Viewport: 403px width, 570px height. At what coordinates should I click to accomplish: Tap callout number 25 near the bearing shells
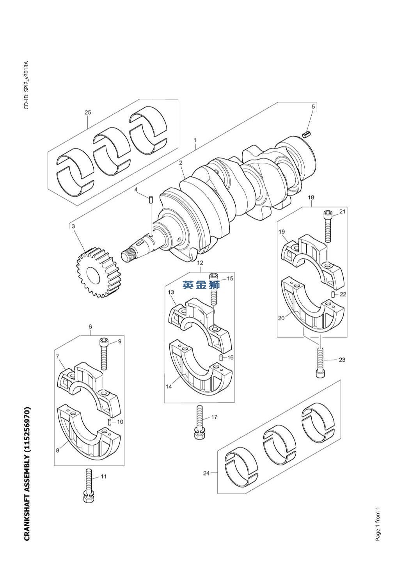point(88,112)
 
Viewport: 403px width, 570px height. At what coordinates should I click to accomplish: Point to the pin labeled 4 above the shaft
point(151,199)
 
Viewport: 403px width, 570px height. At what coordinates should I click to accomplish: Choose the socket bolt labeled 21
point(328,226)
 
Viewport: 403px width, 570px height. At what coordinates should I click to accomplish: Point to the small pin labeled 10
point(110,422)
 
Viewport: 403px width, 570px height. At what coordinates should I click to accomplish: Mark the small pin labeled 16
point(221,357)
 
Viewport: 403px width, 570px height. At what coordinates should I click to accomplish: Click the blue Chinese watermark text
point(201,285)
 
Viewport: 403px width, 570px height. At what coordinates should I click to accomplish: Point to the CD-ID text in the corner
point(27,85)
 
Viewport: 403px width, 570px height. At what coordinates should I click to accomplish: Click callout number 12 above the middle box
point(200,262)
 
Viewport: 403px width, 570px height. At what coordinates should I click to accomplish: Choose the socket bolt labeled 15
point(214,289)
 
